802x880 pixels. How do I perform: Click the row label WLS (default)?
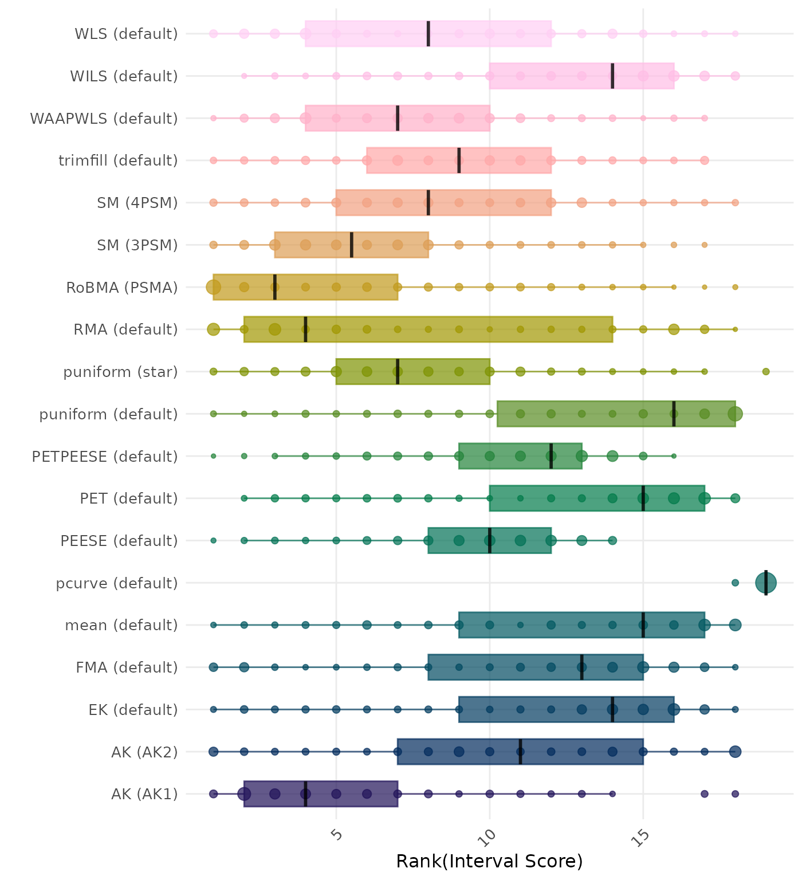(126, 34)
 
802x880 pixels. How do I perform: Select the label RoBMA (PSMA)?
(122, 288)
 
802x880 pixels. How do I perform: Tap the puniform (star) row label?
(120, 372)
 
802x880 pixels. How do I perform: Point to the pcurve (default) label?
(117, 583)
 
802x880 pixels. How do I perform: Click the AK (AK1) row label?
(144, 794)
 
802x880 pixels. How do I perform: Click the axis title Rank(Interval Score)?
(489, 862)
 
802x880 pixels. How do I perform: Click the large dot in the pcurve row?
(766, 583)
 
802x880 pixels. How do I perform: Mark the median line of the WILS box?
(612, 76)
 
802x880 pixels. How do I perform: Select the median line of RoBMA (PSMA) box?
(275, 287)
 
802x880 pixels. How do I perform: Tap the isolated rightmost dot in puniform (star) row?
(766, 372)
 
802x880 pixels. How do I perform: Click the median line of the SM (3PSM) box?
(352, 245)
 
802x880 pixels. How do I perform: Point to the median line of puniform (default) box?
(674, 414)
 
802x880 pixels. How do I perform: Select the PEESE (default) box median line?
(490, 540)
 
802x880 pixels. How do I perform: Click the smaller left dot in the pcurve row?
(735, 583)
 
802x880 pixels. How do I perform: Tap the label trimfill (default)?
(118, 160)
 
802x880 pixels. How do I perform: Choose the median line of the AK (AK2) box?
(520, 752)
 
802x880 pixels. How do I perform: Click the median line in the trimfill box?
(459, 160)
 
